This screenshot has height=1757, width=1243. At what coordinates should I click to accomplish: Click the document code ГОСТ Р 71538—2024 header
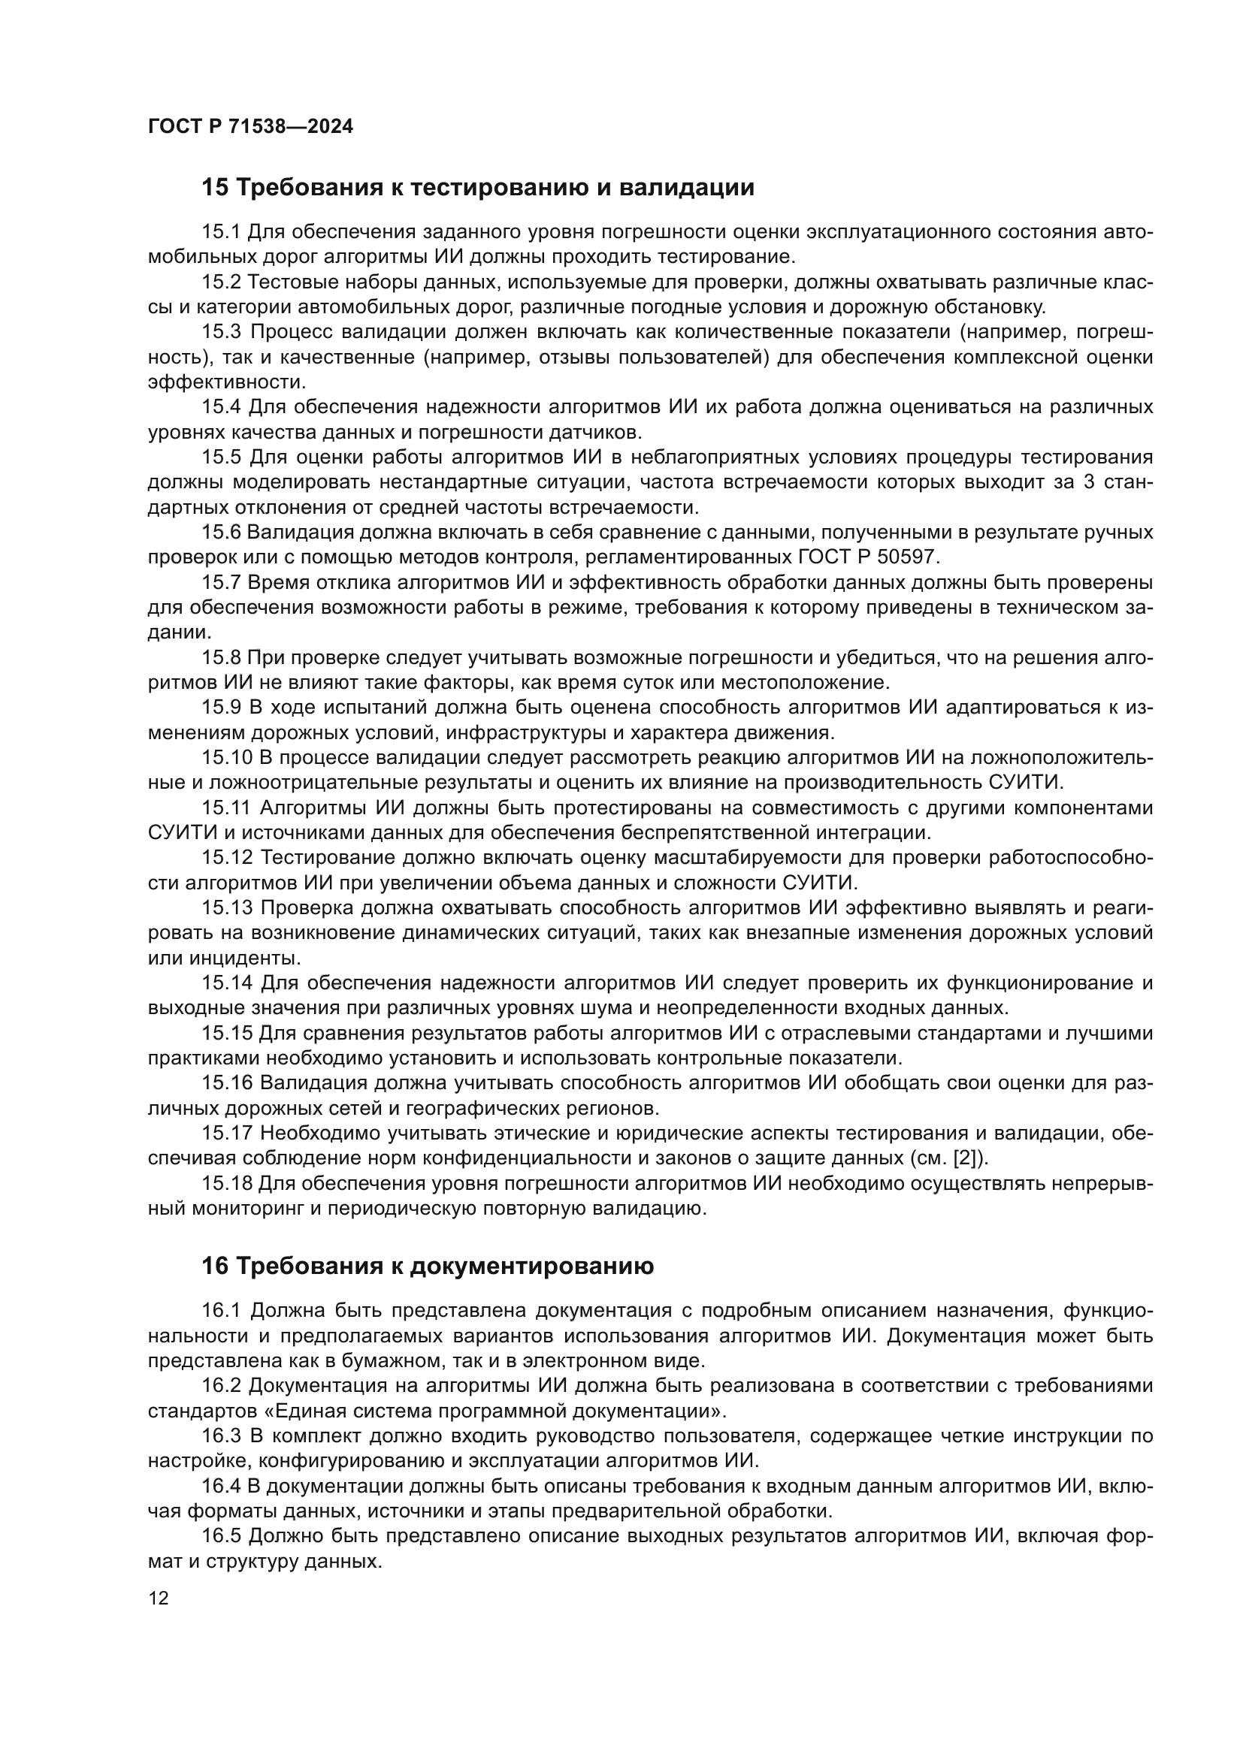pyautogui.click(x=250, y=127)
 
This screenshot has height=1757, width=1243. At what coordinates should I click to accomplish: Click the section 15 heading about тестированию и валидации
pyautogui.click(x=478, y=188)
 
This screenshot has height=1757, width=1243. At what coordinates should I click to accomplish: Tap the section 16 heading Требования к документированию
pyautogui.click(x=427, y=1266)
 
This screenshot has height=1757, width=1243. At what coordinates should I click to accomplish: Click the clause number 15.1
pyautogui.click(x=221, y=232)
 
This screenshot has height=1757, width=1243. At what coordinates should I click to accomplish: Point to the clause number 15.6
pyautogui.click(x=221, y=533)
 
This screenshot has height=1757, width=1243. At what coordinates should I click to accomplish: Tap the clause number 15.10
pyautogui.click(x=226, y=759)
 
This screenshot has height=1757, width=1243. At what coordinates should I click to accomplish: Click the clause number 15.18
pyautogui.click(x=226, y=1185)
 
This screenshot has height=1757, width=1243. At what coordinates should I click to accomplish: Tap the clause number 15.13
pyautogui.click(x=226, y=908)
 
